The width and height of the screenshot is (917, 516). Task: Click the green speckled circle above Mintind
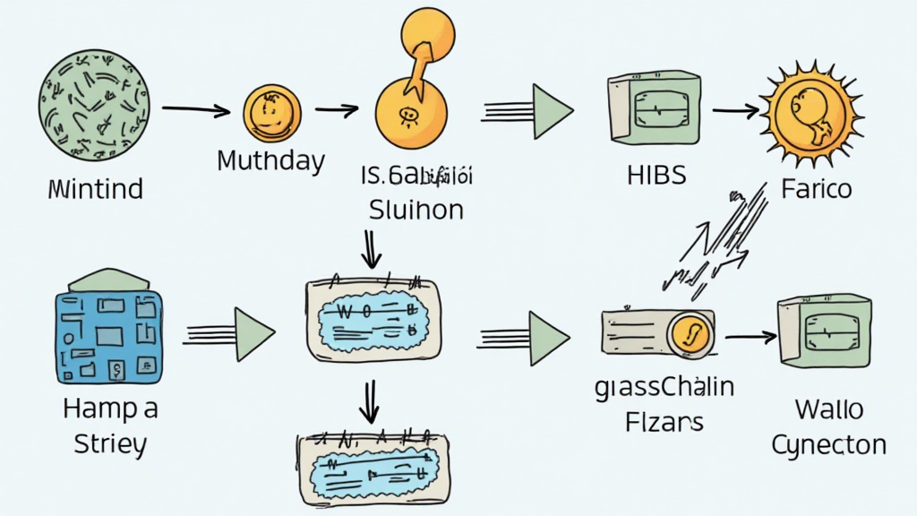(x=94, y=105)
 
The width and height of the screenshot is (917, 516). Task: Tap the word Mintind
(x=96, y=189)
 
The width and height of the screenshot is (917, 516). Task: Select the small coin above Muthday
(x=272, y=113)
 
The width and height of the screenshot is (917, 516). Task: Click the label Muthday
(x=270, y=162)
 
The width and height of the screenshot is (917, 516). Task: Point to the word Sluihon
(x=416, y=210)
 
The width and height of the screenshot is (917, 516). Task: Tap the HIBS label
(x=656, y=174)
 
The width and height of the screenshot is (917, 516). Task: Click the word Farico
(x=815, y=190)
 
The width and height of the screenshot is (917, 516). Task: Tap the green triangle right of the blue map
(x=253, y=334)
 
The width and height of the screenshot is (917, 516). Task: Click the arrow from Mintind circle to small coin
(x=195, y=111)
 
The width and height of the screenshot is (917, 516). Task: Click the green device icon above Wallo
(x=825, y=331)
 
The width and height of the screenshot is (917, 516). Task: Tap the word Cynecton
(x=828, y=444)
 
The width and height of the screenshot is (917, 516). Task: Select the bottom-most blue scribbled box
(x=373, y=466)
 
